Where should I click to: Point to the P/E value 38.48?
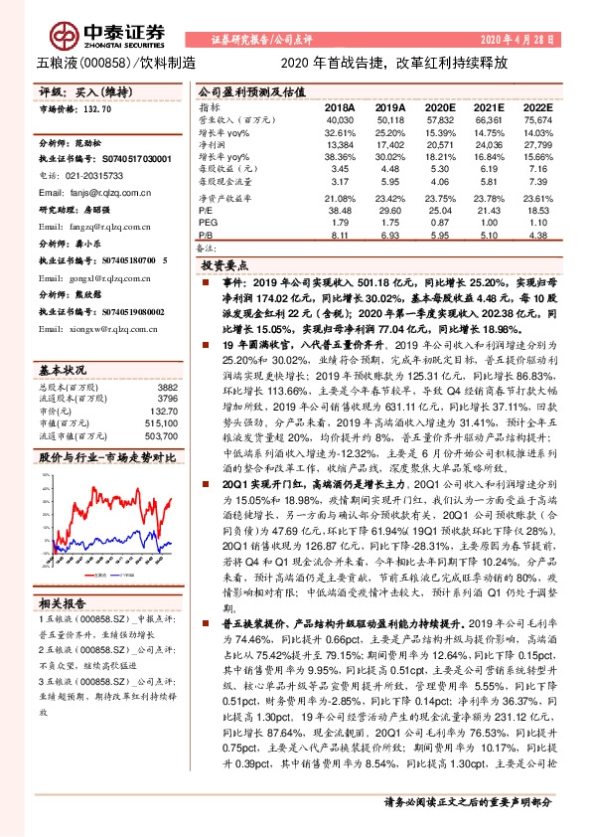pyautogui.click(x=339, y=212)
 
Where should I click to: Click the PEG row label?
pyautogui.click(x=208, y=224)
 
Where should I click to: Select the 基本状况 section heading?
pyautogui.click(x=63, y=341)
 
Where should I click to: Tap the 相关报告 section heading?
pyautogui.click(x=63, y=603)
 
